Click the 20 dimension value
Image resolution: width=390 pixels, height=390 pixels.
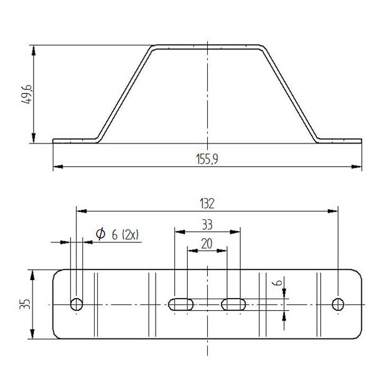(x=207, y=244)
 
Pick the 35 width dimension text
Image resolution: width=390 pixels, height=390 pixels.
(x=24, y=305)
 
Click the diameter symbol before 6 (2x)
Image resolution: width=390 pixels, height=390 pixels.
(x=101, y=234)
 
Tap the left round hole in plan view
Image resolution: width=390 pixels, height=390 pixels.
(x=76, y=304)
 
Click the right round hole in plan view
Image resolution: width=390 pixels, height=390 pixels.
(x=338, y=304)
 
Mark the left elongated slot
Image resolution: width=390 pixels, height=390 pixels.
(x=181, y=304)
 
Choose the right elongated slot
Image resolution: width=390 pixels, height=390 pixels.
(x=234, y=304)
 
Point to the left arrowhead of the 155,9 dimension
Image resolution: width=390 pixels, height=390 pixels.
(x=58, y=167)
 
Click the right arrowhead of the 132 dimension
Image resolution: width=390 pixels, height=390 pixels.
(x=333, y=211)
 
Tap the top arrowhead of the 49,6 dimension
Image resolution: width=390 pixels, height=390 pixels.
(x=34, y=50)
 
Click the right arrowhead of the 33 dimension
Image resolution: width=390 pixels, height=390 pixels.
(x=235, y=232)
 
